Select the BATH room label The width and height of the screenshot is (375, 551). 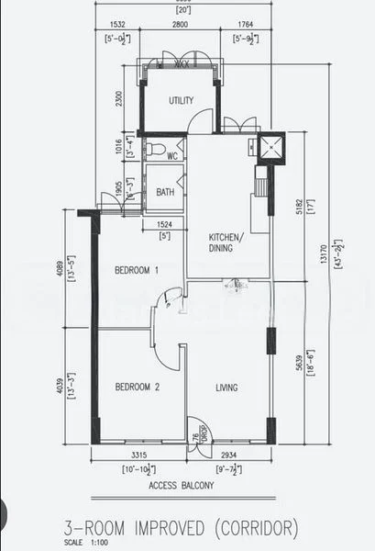point(165,192)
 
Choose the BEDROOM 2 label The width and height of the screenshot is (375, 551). point(138,388)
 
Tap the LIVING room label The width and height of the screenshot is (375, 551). point(226,388)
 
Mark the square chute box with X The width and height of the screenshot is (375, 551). point(271,146)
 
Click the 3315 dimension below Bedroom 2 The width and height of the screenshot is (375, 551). point(138,455)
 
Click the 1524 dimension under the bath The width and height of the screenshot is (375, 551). point(165,225)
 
